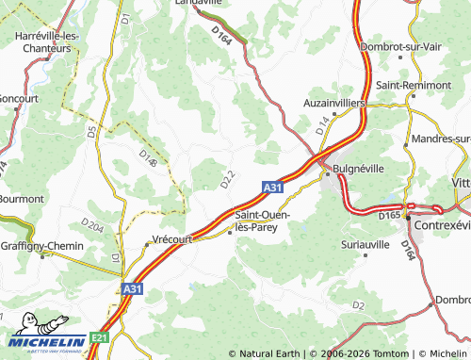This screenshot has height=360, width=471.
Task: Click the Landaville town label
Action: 199,4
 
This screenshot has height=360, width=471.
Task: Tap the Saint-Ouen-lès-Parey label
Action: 261,221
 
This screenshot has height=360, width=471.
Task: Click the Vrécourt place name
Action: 171,239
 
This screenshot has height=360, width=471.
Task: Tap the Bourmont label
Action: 21,199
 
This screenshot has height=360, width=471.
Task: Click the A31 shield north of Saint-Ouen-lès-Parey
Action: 272,188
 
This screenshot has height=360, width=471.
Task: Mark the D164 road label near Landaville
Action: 222,35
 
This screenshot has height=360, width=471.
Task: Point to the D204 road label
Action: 92,225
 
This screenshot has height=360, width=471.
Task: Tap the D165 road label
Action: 389,216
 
